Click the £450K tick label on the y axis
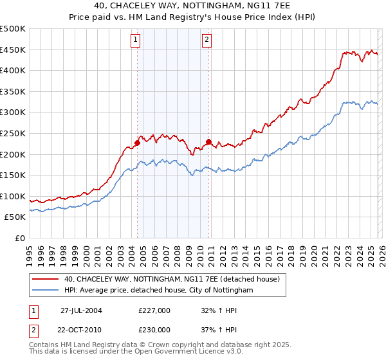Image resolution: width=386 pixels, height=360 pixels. click(12, 50)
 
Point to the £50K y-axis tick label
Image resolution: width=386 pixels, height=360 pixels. click(15, 217)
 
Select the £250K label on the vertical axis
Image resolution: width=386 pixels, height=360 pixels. click(12, 133)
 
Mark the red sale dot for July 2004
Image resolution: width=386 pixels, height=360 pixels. click(138, 143)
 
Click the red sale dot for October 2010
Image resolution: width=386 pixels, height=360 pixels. click(208, 141)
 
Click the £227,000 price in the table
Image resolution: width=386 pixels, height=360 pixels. click(154, 310)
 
